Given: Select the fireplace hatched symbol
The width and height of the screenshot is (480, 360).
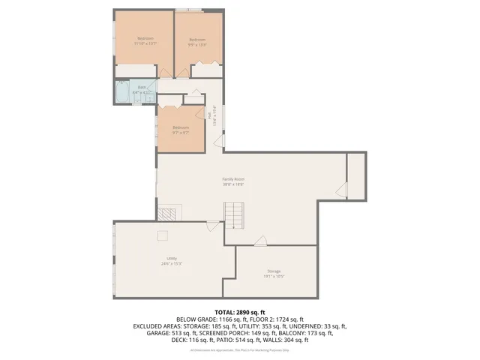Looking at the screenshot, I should [x=173, y=212].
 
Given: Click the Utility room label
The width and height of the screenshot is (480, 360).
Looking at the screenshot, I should [x=172, y=262].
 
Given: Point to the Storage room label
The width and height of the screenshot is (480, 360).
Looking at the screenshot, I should [x=274, y=273].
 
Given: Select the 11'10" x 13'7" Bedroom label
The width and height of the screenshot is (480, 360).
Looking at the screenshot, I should [x=145, y=40].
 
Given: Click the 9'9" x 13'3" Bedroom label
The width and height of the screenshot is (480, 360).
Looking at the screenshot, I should [x=197, y=41].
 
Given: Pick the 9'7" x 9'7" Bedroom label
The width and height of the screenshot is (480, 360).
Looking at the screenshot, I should [x=181, y=130].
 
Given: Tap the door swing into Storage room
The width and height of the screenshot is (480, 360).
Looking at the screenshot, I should [x=260, y=240].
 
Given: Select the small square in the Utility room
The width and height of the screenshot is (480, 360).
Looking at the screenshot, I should [x=161, y=235].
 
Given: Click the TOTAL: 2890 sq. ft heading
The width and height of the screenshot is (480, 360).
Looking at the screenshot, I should [x=239, y=311].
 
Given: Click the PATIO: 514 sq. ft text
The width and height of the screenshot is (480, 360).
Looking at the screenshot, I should [x=234, y=340].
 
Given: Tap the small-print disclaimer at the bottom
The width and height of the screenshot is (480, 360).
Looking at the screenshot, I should [x=239, y=350].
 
